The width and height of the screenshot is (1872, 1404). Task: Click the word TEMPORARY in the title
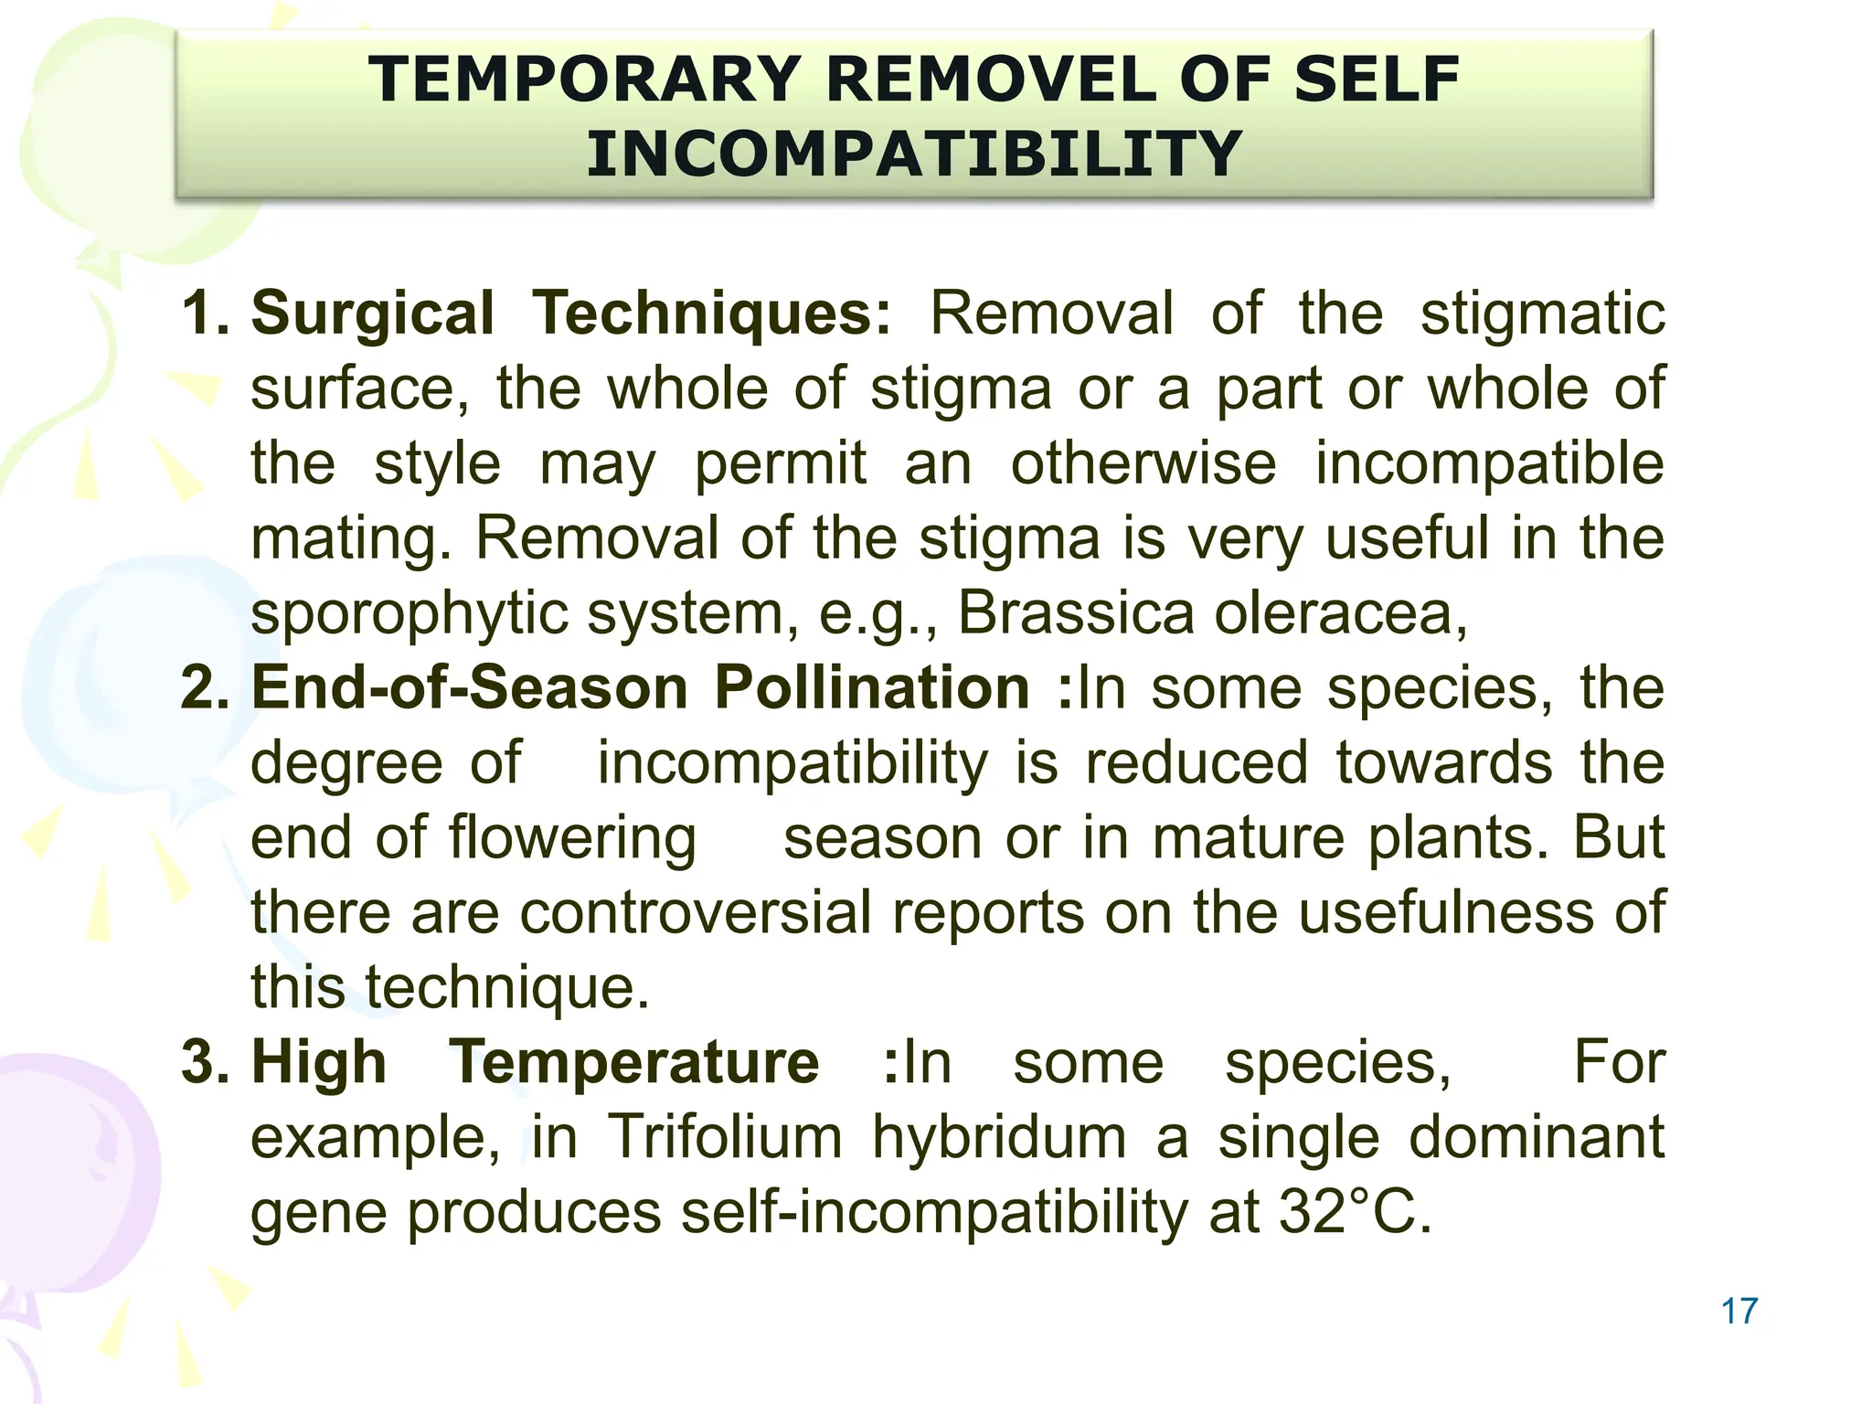tap(585, 80)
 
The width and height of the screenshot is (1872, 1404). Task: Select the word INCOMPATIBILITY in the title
tap(913, 154)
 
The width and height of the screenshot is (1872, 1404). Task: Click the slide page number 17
tap(1739, 1311)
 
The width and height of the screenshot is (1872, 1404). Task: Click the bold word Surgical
tap(373, 314)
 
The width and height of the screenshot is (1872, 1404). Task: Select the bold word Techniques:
tap(711, 314)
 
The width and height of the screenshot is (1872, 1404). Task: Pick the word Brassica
tap(1075, 612)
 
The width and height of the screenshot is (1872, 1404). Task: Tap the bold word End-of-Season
tap(469, 687)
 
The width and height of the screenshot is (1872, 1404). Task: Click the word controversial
tap(696, 912)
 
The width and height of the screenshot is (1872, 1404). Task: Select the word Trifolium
tap(725, 1137)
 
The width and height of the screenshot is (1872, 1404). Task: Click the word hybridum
tap(999, 1137)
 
